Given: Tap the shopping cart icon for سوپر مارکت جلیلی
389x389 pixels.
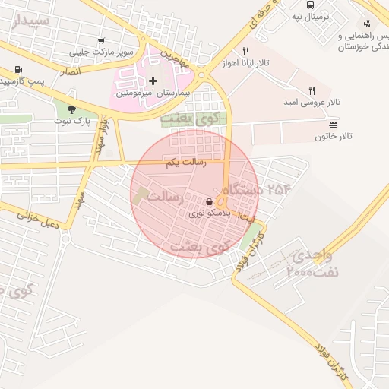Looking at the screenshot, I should click(x=102, y=41).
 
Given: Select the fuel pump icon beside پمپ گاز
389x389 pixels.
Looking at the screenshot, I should click(x=17, y=70).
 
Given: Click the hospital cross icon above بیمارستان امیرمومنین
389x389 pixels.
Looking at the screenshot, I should click(x=153, y=80).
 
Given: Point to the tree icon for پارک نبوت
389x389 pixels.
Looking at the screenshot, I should click(x=71, y=109).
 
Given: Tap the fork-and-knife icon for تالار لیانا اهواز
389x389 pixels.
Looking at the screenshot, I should click(x=245, y=51).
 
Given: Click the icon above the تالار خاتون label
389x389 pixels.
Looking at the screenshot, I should click(x=333, y=125).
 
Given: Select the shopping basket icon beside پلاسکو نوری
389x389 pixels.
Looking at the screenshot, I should click(x=210, y=202).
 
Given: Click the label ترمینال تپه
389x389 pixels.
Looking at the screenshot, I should click(x=312, y=16).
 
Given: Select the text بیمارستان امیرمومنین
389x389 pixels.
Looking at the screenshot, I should click(x=149, y=92).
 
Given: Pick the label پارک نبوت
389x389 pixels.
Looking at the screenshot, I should click(x=72, y=121).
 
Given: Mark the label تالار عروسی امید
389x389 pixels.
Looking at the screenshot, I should click(x=312, y=101).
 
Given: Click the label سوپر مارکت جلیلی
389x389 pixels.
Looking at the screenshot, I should click(x=101, y=52).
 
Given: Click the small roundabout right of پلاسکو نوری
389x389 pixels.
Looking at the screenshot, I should click(x=221, y=202).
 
